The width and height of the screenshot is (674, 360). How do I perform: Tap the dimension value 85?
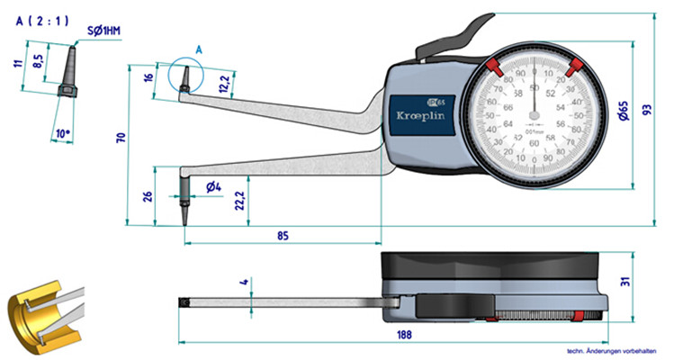coord(282,237)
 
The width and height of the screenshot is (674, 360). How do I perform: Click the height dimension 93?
coord(647,110)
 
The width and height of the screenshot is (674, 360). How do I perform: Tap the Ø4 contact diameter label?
coord(213,186)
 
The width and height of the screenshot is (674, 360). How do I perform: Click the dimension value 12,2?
coord(224,85)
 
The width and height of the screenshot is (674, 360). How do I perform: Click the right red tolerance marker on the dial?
coord(572,66)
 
